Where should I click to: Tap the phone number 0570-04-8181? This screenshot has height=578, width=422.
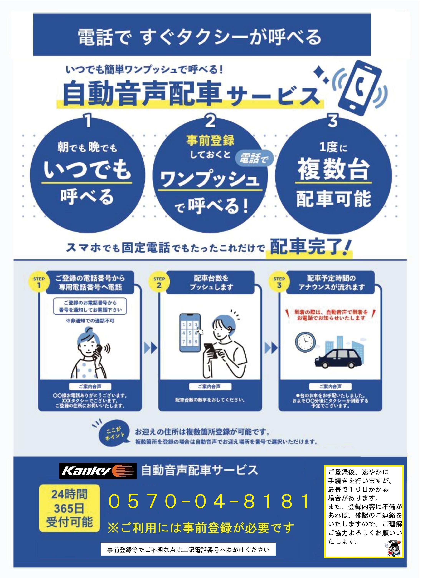tap(209, 501)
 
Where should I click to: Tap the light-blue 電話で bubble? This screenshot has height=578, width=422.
tap(254, 159)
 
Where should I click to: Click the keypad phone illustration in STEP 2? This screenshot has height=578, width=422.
tap(190, 333)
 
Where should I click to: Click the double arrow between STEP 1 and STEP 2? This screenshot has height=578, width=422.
tap(151, 348)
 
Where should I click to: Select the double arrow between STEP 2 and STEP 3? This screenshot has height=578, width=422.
tap(271, 348)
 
